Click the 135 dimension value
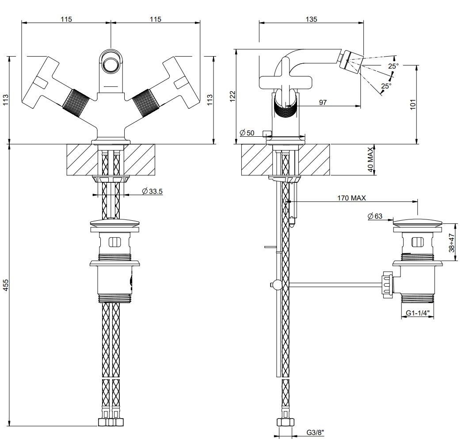coord(311,19)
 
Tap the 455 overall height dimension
coord(6,285)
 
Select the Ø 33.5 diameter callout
coord(152,192)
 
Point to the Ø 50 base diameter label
coord(247,133)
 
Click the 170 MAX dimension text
coord(351,198)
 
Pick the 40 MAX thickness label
coord(371,159)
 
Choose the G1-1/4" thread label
coord(418,313)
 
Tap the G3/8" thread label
coord(315,433)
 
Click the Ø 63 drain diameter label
coord(375,216)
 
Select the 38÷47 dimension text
coord(451,242)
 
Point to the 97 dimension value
coord(323,102)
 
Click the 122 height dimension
coord(232,96)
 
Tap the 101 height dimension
coord(413,104)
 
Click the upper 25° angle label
coord(393,66)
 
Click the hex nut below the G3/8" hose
coord(285,422)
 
